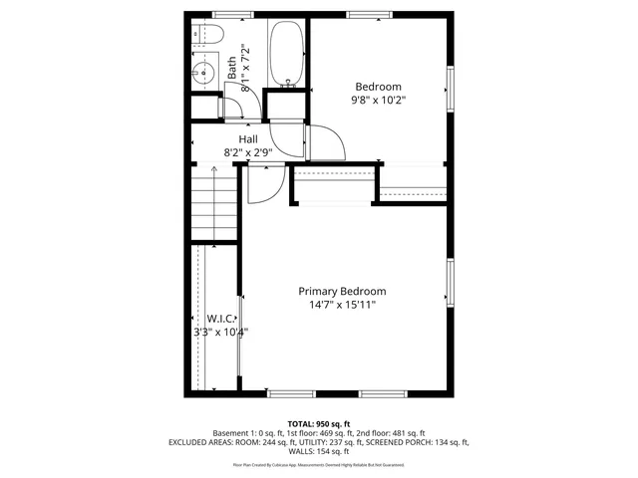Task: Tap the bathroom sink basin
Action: tap(203, 72)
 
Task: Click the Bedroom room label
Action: tap(378, 87)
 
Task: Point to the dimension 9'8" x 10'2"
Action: tap(378, 101)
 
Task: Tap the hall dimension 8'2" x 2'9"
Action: tap(248, 152)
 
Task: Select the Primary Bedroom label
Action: tap(342, 291)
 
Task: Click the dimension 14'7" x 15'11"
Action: tap(342, 305)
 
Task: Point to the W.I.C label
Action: tap(220, 319)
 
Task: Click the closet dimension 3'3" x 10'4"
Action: tap(220, 333)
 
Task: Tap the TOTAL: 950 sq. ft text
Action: tap(319, 424)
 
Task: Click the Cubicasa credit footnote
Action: tap(319, 464)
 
